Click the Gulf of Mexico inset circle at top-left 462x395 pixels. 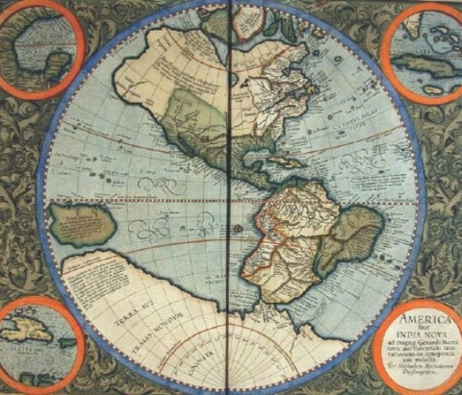click(39, 44)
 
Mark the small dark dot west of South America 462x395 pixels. click(238, 229)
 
